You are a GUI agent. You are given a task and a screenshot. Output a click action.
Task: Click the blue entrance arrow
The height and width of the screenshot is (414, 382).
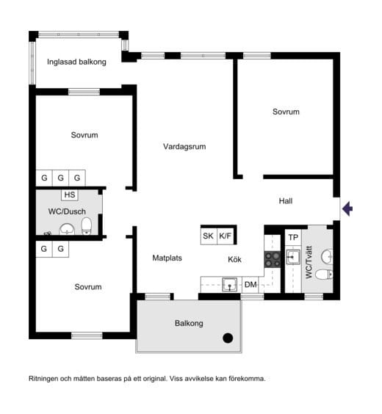point(347,208)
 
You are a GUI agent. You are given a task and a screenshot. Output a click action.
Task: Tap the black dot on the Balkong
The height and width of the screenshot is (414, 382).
point(228,338)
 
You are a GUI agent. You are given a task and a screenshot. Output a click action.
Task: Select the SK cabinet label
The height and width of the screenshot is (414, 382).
point(208,236)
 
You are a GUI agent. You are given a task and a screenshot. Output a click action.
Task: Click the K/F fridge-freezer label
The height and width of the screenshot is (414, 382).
point(225,236)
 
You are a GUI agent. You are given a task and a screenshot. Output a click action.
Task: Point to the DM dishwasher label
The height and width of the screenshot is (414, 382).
point(251,284)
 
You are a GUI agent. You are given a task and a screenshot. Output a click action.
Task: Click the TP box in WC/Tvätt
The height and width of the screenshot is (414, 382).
point(293,237)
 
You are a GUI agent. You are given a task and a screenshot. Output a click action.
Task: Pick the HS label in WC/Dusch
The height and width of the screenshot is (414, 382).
point(70,195)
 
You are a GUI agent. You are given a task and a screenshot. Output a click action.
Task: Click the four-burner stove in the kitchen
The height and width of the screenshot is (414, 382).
point(273,260)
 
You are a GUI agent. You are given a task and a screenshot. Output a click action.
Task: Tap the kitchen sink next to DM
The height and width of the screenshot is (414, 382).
point(229,285)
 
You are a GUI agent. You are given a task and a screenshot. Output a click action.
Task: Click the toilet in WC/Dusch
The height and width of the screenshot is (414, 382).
point(87,226)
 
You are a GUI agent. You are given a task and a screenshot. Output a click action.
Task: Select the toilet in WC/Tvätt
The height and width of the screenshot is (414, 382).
point(324,275)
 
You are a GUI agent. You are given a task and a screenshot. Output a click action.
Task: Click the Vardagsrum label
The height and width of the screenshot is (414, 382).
point(184,147)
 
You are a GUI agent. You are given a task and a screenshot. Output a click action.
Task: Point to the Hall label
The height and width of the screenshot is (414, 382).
point(286,201)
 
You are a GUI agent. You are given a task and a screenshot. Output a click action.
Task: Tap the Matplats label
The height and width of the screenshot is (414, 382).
point(167,258)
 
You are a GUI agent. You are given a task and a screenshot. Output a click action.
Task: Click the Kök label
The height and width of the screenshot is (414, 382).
point(234,260)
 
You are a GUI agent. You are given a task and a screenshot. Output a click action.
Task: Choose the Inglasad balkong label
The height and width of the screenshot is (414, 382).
point(76,62)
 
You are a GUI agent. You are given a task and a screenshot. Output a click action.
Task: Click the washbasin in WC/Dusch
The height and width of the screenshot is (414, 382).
point(67,229)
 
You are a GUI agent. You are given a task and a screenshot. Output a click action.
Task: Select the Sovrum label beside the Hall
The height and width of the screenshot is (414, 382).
point(286,112)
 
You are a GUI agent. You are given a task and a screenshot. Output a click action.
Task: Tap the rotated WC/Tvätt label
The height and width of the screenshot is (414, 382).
point(309,262)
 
